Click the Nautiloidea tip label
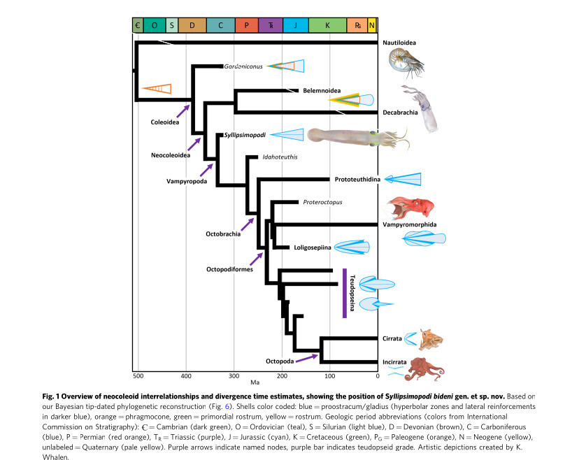pos(399,43)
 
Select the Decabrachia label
pos(401,113)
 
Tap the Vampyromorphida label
pos(408,224)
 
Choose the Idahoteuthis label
pos(280,157)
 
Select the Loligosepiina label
pos(310,247)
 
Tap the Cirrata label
pos(392,338)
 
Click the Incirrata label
pos(395,362)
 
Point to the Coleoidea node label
pos(165,122)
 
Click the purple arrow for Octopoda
pos(302,359)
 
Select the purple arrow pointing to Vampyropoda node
pos(208,168)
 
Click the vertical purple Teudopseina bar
pos(345,293)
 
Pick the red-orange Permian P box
pos(246,26)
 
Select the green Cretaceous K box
pos(327,26)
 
